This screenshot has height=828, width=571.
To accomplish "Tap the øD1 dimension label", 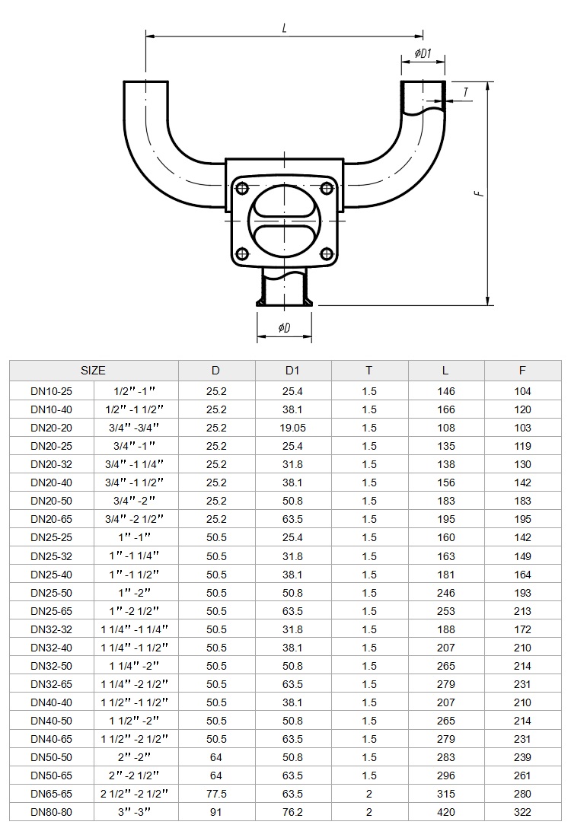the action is pos(423,53).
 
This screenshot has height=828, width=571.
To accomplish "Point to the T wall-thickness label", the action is pos(465,92).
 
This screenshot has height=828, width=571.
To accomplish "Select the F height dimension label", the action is pos(479,193).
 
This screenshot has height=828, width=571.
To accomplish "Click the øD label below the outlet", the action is pos(284,328).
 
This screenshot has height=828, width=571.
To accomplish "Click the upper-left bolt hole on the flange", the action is pos(242,188).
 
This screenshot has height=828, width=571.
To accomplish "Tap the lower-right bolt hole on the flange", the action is pos(327,254).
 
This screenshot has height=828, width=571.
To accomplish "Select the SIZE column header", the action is pos(93,370).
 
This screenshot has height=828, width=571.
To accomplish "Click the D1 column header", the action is pos(292,370).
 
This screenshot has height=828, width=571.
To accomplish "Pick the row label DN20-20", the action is pos(51,428).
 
